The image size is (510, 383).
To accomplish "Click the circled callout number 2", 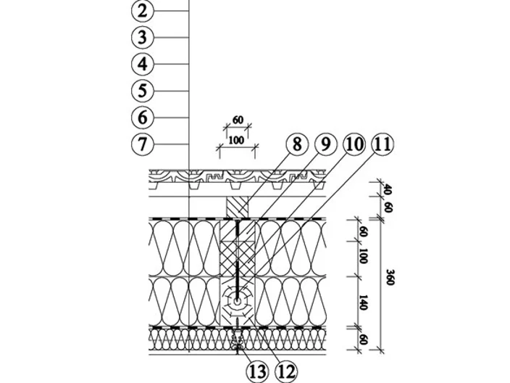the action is [x=142, y=11].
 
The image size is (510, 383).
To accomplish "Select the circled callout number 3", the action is [x=142, y=37].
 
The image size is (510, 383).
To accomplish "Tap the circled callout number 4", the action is [x=142, y=64].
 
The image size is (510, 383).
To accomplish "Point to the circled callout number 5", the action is [x=142, y=91].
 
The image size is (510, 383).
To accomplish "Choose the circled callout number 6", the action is [x=142, y=118].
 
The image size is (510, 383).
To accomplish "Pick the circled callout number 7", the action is [x=142, y=144].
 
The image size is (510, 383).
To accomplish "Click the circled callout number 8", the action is [x=296, y=144].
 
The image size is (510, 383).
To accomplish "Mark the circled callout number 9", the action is [x=325, y=144].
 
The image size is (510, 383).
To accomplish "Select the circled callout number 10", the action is [x=354, y=144].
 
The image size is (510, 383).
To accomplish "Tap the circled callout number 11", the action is [x=382, y=144].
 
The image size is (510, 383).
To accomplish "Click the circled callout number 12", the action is [x=286, y=372].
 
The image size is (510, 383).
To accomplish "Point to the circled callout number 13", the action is [x=258, y=372].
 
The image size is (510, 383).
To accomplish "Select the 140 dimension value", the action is [x=363, y=302].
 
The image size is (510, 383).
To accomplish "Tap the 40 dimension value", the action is [x=388, y=189].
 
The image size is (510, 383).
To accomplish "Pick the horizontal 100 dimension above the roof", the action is [x=236, y=140].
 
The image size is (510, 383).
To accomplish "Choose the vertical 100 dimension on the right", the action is [x=363, y=256].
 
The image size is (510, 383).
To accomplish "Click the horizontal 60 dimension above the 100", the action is [x=238, y=120].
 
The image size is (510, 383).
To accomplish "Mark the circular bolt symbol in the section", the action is [x=237, y=302].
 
